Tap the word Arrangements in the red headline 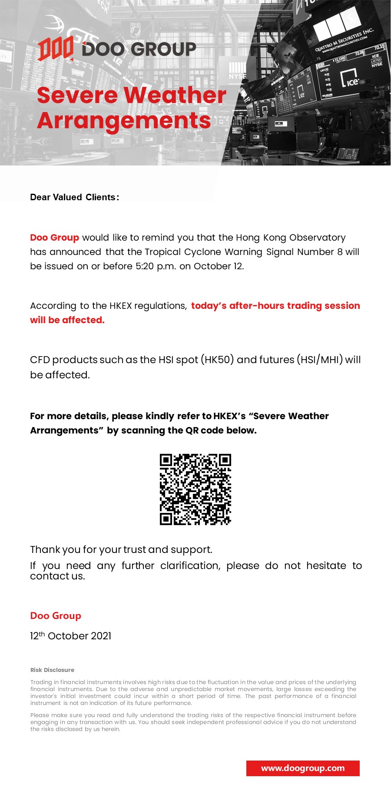pyautogui.click(x=124, y=121)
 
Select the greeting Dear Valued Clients pyautogui.click(x=74, y=197)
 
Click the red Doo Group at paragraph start pyautogui.click(x=54, y=238)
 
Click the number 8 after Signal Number pyautogui.click(x=340, y=252)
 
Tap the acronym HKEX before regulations pyautogui.click(x=120, y=306)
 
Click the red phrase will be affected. pyautogui.click(x=67, y=320)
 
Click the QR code pyautogui.click(x=195, y=490)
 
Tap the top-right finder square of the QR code pyautogui.click(x=225, y=460)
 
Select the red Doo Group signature pyautogui.click(x=56, y=616)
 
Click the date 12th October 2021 pyautogui.click(x=70, y=636)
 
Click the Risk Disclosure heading pyautogui.click(x=52, y=670)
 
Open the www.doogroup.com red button pyautogui.click(x=303, y=768)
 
